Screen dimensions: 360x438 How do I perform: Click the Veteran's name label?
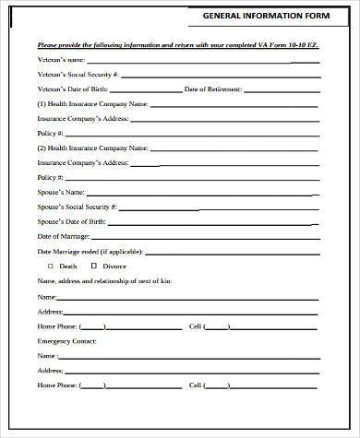pos(61,60)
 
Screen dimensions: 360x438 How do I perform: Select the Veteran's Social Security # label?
pos(78,75)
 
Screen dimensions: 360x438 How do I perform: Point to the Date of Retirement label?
pos(212,89)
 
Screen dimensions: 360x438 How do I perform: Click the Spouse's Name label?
pos(60,191)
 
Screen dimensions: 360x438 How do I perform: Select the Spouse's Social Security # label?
pos(77,206)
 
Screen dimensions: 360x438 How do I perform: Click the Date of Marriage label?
pos(63,236)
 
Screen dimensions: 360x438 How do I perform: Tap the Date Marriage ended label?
pos(89,251)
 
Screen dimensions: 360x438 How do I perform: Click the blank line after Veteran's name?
pos(203,62)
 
